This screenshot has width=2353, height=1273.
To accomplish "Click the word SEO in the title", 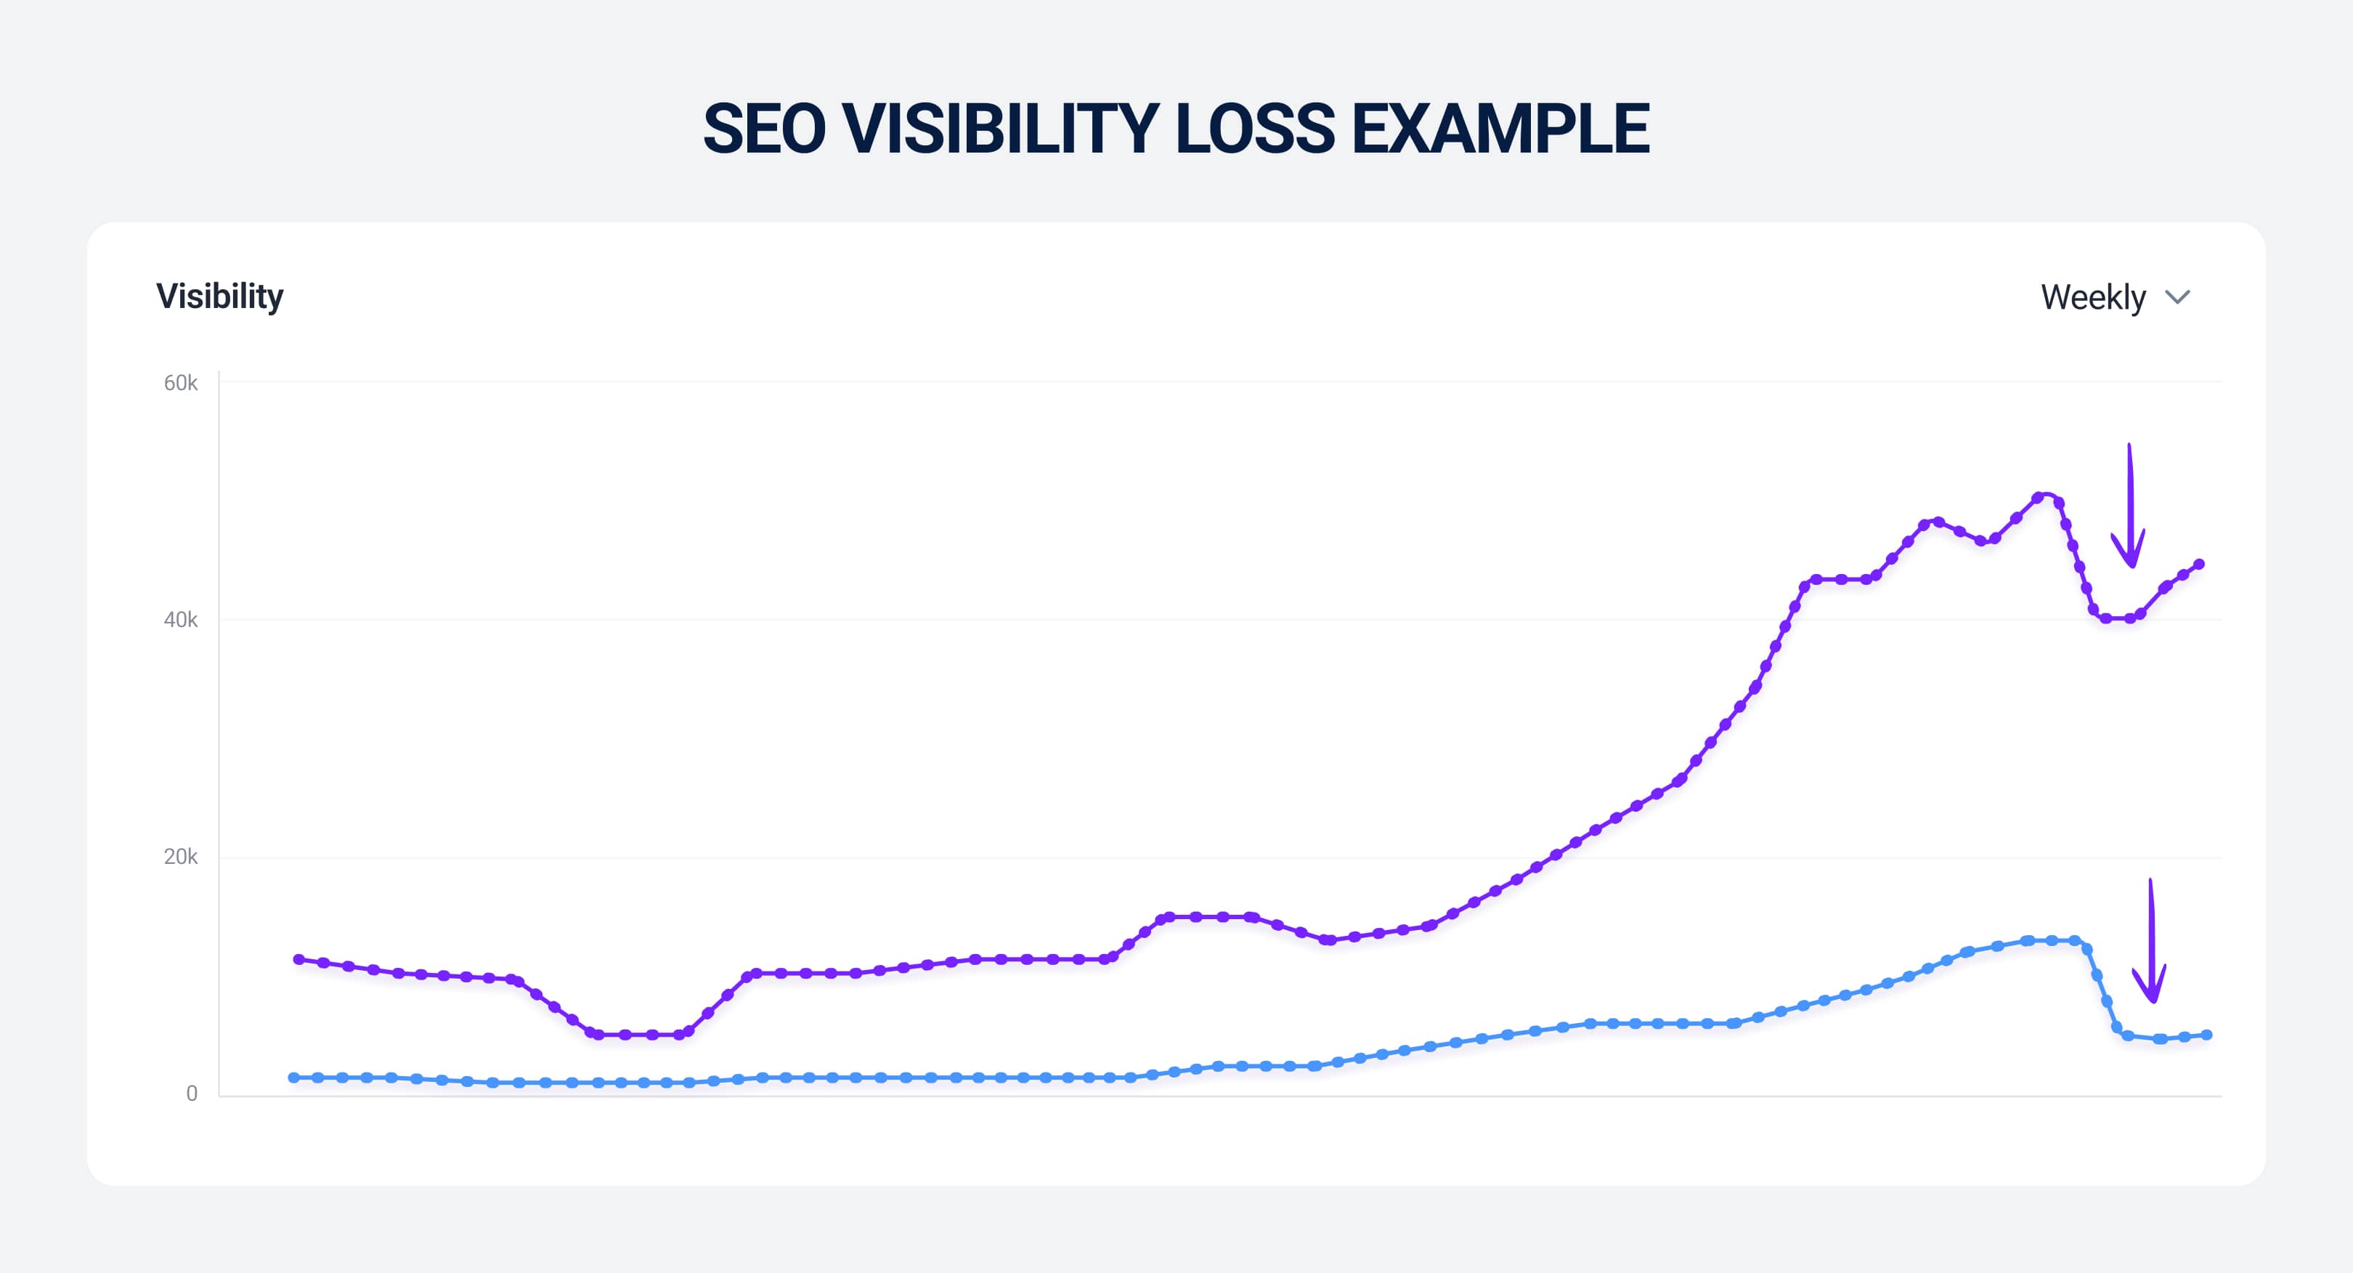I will [763, 129].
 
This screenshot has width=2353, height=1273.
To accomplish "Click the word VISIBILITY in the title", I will [1000, 129].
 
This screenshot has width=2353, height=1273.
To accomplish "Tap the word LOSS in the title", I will [1255, 129].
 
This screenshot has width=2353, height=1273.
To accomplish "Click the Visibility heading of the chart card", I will [219, 296].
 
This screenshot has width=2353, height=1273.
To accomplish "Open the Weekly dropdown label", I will [2093, 297].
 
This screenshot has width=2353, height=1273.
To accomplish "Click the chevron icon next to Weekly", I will [2178, 297].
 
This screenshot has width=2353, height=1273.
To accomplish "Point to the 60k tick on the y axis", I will [180, 383].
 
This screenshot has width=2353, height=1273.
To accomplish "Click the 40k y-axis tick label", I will [180, 620].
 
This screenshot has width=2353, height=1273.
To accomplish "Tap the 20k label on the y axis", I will [180, 856].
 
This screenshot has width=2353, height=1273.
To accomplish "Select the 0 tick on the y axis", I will [192, 1093].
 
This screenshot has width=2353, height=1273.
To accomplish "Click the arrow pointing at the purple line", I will [2129, 507].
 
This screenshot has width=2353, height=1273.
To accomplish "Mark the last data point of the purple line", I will [2198, 564].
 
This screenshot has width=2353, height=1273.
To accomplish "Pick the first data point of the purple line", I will [298, 958].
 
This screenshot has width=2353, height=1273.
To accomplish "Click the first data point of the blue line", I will [293, 1078].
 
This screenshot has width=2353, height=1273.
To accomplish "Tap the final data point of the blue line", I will [2207, 1035].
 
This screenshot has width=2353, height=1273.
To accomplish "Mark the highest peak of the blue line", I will [2028, 940].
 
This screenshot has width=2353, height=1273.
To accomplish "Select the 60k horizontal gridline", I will [1187, 381].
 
